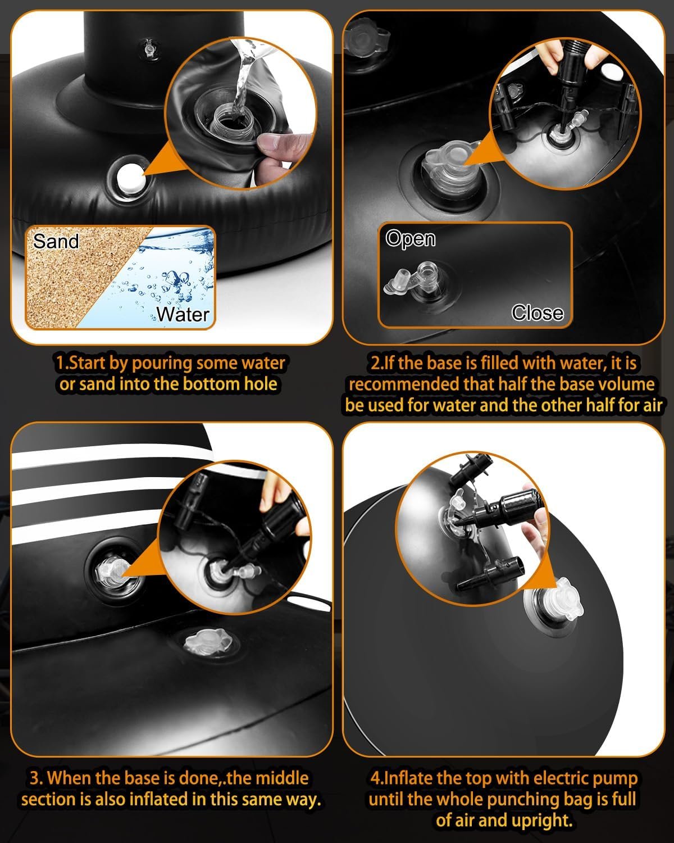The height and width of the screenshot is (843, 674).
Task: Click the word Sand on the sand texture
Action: [x=56, y=241]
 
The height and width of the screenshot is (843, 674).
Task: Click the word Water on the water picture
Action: [x=183, y=314]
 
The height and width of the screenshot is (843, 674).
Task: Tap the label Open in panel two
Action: [x=410, y=238]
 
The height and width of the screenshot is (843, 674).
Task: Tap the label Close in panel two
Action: [x=538, y=312]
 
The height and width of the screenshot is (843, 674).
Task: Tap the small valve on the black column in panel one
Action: [x=148, y=49]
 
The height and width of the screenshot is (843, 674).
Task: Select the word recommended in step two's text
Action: [x=404, y=384]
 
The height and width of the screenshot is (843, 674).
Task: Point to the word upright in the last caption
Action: [x=542, y=819]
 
